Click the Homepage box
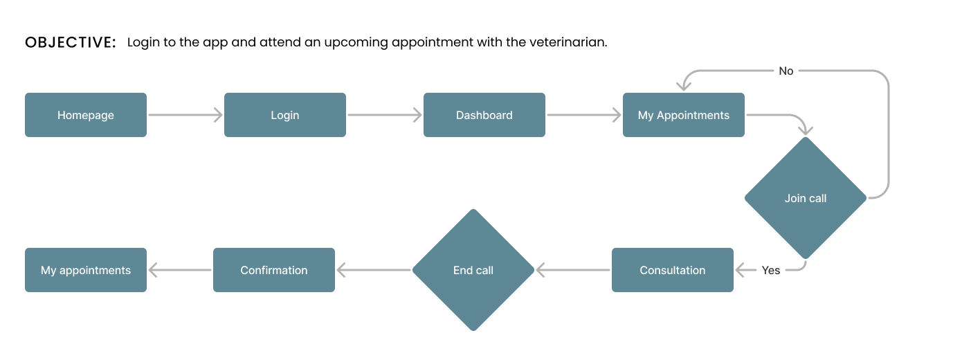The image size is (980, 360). click(x=86, y=115)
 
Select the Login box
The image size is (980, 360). click(x=285, y=115)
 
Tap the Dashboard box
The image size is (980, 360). click(x=484, y=115)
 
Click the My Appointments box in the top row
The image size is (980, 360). click(x=683, y=115)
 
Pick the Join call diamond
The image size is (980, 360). click(x=806, y=198)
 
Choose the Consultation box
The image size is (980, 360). click(x=673, y=270)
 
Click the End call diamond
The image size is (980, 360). click(x=473, y=270)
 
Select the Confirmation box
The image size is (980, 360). click(x=274, y=270)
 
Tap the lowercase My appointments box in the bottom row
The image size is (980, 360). click(x=86, y=270)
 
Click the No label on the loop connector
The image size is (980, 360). click(x=786, y=71)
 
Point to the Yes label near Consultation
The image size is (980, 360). click(x=771, y=270)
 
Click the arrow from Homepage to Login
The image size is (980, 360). click(x=185, y=115)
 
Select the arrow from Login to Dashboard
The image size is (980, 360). click(x=385, y=115)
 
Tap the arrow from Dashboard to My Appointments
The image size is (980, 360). click(x=584, y=115)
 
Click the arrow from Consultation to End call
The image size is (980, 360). click(x=573, y=270)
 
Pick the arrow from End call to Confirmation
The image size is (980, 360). click(x=374, y=270)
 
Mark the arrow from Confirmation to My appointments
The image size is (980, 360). click(x=180, y=270)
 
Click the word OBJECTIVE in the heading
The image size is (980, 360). click(x=71, y=42)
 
